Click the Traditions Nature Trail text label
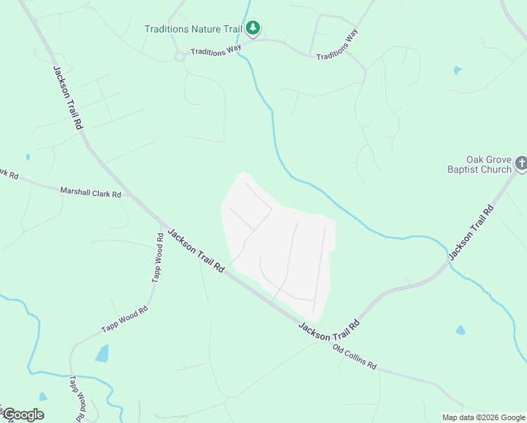tap(193, 29)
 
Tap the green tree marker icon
tap(253, 28)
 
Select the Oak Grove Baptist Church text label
tap(479, 164)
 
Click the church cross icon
tap(521, 164)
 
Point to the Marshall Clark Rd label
tap(90, 192)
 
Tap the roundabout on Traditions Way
tap(180, 56)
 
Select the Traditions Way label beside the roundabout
tap(216, 51)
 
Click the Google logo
tap(23, 415)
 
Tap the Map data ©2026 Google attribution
tap(483, 417)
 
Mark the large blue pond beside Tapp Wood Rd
tap(102, 352)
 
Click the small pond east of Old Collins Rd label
tap(460, 330)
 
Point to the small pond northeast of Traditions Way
tap(458, 70)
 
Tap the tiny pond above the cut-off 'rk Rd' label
tap(27, 157)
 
